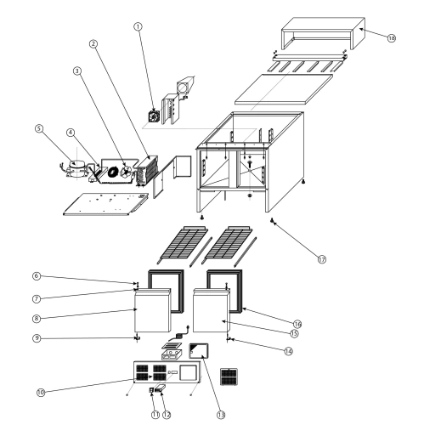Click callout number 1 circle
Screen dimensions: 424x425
(138, 26)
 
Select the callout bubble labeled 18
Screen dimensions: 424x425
(391, 38)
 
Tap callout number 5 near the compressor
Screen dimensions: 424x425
(39, 128)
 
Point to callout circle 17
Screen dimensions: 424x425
(322, 259)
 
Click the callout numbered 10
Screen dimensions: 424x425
(41, 393)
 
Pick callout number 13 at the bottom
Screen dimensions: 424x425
(221, 415)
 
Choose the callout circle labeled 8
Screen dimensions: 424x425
(37, 319)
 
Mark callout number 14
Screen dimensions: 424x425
(288, 351)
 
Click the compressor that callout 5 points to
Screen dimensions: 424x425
(76, 168)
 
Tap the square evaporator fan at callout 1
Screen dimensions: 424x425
(154, 116)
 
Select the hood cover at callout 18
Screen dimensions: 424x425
(323, 33)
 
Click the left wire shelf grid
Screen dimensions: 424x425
(184, 243)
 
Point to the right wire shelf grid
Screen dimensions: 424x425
(229, 243)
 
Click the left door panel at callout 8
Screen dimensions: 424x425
(152, 310)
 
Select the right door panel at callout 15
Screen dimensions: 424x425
(212, 310)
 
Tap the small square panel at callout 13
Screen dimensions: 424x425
(199, 351)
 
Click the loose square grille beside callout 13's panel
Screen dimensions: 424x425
(229, 377)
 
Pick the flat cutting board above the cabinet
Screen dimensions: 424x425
(284, 89)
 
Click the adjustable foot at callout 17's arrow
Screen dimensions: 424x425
(273, 221)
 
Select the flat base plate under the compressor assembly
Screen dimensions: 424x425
(105, 204)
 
